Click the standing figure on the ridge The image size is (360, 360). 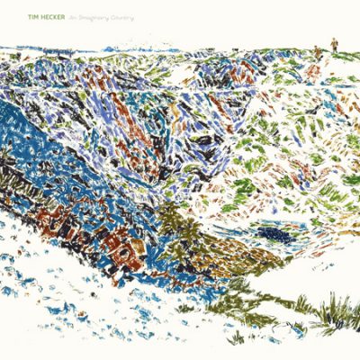[x=334, y=44]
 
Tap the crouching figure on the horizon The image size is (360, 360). [x=318, y=54]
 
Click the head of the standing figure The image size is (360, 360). [x=334, y=40]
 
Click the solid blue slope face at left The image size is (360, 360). [x=36, y=171]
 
